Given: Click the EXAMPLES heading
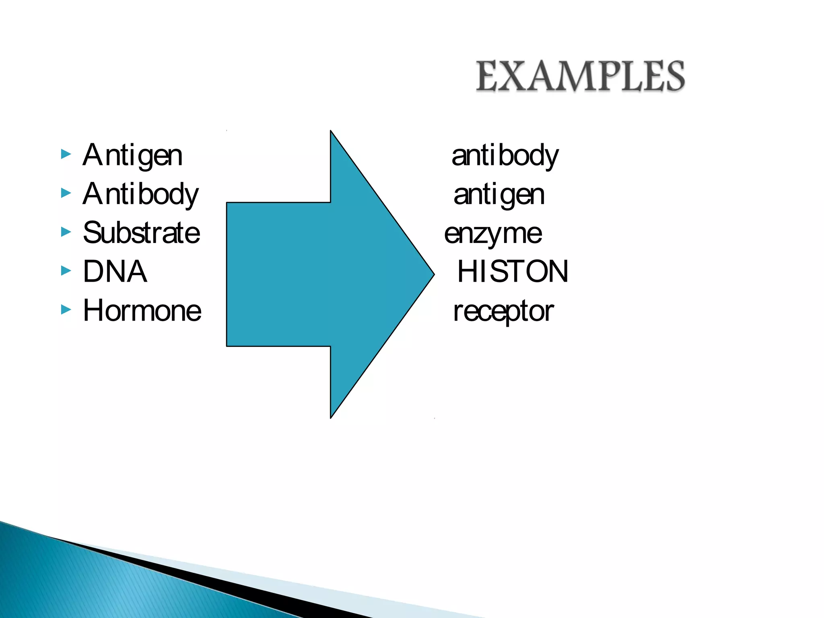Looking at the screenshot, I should tap(580, 76).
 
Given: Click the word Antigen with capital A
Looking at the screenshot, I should tap(132, 155).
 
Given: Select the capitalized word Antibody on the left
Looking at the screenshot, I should tap(140, 194).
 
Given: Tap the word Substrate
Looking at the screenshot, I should tap(141, 233).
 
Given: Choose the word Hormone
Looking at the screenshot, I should tap(142, 311).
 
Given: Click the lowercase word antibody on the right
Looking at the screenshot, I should tap(505, 155).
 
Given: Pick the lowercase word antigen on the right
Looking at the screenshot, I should tap(499, 195).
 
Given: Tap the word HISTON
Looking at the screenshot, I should tap(513, 272).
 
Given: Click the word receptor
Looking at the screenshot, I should tap(503, 311).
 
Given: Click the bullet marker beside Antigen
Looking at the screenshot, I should tap(66, 154).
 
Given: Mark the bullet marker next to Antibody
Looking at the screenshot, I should tap(66, 193).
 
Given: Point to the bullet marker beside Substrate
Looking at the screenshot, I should tap(66, 232).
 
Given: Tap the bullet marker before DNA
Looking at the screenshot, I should tap(66, 270).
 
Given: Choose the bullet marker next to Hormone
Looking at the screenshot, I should tap(66, 309).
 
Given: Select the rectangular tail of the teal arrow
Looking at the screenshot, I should tap(278, 274).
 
